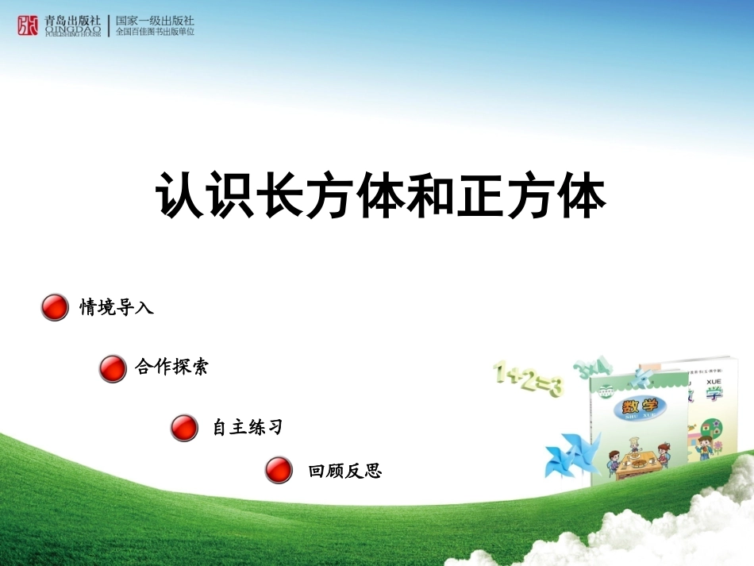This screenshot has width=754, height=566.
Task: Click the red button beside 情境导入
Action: [55, 307]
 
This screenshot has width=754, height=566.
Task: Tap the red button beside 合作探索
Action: [113, 368]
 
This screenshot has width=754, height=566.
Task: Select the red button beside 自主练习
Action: [184, 428]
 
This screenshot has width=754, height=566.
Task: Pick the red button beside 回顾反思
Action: [279, 471]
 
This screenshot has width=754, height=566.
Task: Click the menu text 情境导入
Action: [117, 307]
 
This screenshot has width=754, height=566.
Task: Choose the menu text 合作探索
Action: [171, 368]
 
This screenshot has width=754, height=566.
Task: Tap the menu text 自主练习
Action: [247, 428]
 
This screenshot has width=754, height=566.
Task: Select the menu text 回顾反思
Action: [345, 472]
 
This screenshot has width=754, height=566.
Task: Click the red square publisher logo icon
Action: [28, 26]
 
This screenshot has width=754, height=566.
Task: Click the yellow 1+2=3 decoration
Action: [528, 379]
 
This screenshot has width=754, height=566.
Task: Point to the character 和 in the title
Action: [430, 195]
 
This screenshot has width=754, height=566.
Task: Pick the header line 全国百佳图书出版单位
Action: [155, 33]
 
